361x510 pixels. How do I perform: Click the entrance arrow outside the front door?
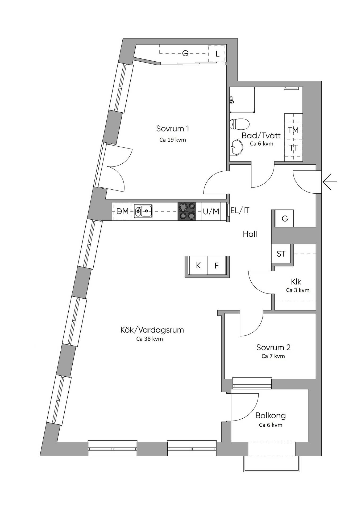[330, 182]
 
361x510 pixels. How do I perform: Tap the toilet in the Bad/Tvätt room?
[239, 124]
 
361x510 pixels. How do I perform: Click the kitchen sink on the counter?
[143, 211]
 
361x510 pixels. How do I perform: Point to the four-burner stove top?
[187, 211]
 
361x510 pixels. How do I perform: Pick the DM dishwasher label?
[122, 211]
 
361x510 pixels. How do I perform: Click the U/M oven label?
[211, 211]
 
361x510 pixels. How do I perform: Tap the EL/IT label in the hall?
[240, 210]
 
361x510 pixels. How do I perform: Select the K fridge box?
[198, 265]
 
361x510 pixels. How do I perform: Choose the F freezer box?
[217, 265]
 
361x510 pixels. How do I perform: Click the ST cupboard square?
[281, 254]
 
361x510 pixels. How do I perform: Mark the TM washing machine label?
[293, 130]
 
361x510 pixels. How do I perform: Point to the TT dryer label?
[293, 148]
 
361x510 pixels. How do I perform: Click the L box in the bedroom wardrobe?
[217, 53]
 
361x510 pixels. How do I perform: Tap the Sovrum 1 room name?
[173, 129]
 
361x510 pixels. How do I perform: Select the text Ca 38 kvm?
[150, 339]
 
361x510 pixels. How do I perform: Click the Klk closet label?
[296, 281]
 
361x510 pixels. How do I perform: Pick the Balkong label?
[271, 416]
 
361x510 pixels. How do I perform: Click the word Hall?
[250, 234]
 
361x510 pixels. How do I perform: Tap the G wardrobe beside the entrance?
[284, 218]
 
